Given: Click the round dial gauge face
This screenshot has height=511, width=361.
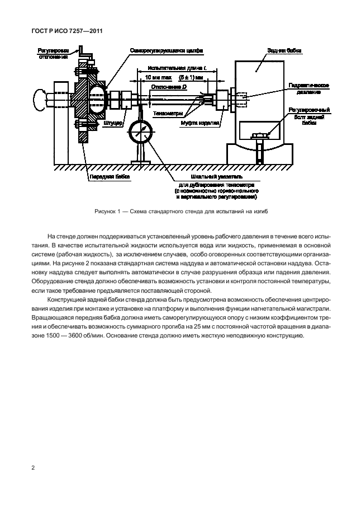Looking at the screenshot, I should (x=141, y=133).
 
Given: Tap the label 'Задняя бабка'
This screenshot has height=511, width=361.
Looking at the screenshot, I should (x=284, y=50).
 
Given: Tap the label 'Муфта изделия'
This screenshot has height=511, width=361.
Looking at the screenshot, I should (x=210, y=122).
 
